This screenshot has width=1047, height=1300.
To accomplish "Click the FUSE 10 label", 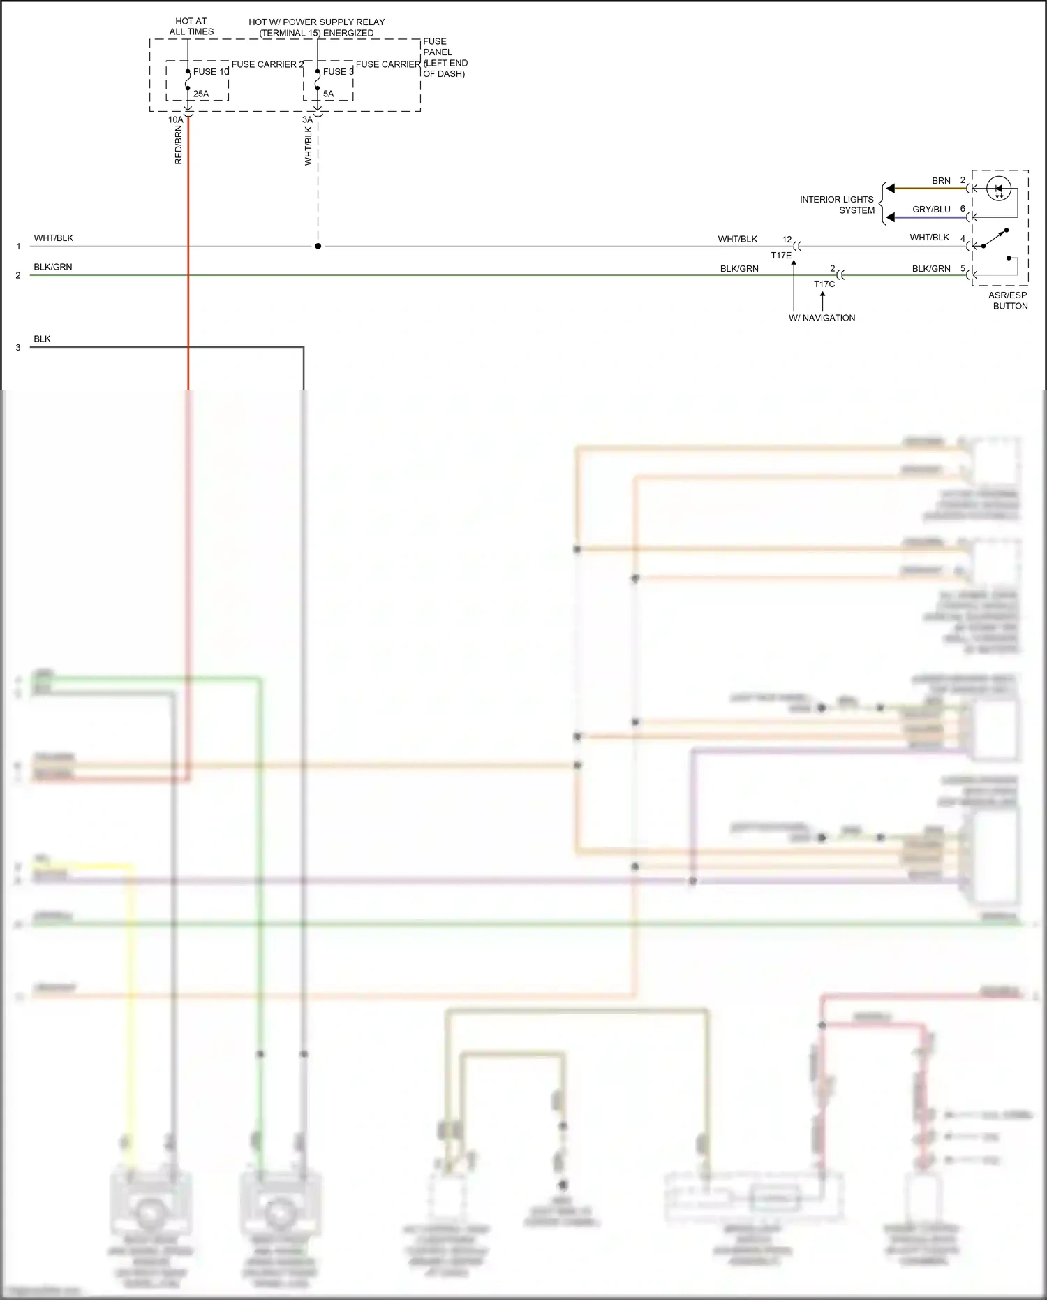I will click(211, 72).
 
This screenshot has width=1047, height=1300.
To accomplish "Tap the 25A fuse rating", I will click(201, 94).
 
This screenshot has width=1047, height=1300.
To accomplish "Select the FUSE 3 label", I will click(338, 72).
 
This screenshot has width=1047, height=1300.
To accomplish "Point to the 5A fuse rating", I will click(328, 94).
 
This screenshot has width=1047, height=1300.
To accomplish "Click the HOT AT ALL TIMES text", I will click(191, 27).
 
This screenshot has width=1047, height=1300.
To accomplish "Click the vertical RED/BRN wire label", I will click(179, 145).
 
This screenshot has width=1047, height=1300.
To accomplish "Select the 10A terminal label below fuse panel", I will click(175, 119).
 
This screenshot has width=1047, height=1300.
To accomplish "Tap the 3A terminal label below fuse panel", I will click(307, 119).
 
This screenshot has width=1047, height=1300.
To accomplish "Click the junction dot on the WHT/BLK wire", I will click(318, 247).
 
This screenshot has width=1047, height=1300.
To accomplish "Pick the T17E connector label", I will click(781, 256).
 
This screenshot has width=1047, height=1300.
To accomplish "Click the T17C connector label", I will click(824, 284).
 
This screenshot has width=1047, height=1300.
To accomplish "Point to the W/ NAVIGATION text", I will click(822, 318).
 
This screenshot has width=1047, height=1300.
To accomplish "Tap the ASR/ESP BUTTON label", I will click(1009, 300).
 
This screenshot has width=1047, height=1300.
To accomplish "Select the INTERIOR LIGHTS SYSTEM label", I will click(837, 205).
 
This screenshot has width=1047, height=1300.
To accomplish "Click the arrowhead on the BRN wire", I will click(891, 189).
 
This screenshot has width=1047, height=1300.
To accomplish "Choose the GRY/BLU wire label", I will click(931, 210).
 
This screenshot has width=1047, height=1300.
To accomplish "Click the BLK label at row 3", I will click(42, 339).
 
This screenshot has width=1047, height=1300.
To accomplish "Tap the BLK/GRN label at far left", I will click(53, 267).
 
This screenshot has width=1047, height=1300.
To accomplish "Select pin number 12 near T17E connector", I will click(787, 240).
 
